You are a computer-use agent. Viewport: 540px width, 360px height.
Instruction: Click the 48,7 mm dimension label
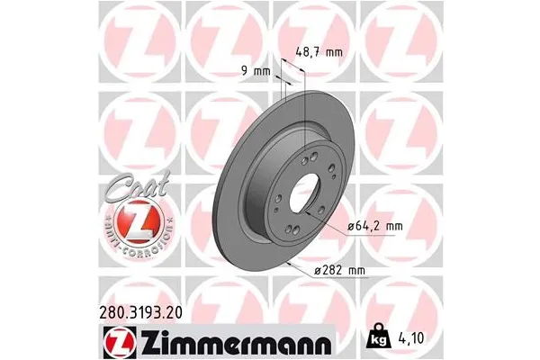tap(319, 51)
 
